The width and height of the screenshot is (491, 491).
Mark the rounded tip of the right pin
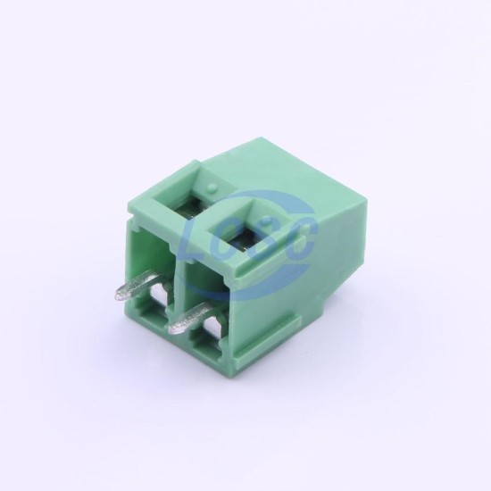tap(172, 329)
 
